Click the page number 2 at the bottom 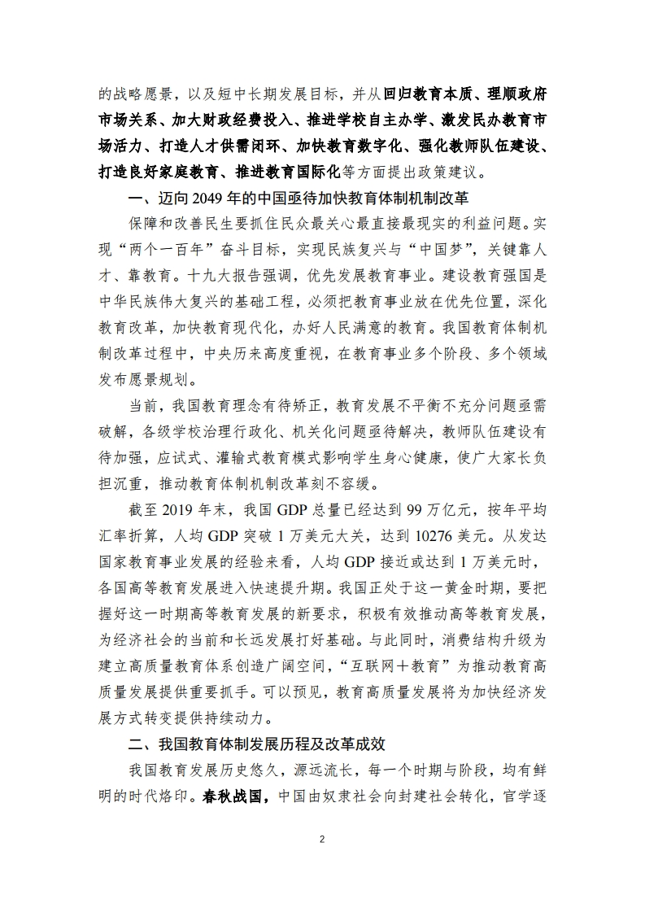pos(322,839)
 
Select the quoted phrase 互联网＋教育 pos(381,641)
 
